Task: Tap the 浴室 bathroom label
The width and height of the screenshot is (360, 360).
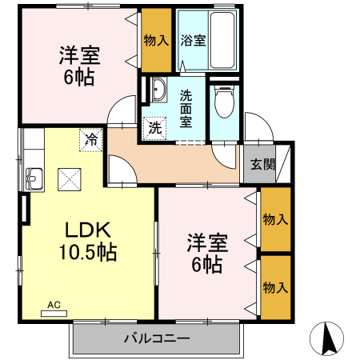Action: [192, 39]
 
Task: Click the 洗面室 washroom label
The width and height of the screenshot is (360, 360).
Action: [186, 107]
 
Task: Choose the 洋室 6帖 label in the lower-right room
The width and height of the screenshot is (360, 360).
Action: [205, 252]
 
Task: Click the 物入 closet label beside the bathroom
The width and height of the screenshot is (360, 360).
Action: [156, 39]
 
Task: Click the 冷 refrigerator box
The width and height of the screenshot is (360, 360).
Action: [92, 139]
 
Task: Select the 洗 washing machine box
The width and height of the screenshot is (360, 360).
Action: [154, 126]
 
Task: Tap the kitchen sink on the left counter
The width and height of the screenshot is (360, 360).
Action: [34, 176]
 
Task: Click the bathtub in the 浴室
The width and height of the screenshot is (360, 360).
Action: [221, 39]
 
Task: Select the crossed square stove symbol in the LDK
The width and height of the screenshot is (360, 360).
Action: [70, 178]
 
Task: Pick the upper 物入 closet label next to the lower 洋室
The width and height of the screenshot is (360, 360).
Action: [275, 218]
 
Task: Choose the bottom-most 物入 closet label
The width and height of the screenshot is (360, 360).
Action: [275, 286]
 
